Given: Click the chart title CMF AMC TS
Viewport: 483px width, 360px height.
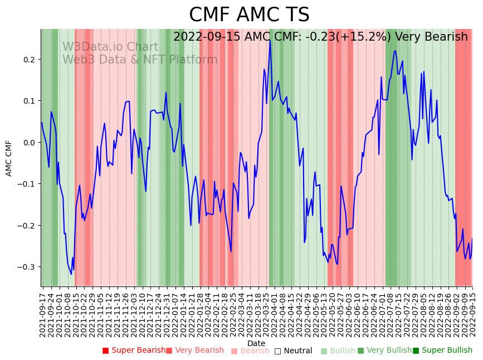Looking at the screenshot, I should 249,15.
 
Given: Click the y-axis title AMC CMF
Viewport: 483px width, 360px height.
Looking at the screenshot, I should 9,158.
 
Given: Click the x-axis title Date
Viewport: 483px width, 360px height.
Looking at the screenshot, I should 256,343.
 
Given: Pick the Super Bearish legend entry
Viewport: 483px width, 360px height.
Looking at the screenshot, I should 134,351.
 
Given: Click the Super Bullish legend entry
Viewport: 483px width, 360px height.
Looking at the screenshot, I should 442,351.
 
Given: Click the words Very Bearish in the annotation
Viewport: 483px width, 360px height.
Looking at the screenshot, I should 431,37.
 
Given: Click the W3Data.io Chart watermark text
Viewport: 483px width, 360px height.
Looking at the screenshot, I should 110,47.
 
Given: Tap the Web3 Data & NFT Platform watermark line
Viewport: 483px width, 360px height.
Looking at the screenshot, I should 140,60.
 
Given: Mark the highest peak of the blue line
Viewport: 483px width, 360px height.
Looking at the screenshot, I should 270,40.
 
